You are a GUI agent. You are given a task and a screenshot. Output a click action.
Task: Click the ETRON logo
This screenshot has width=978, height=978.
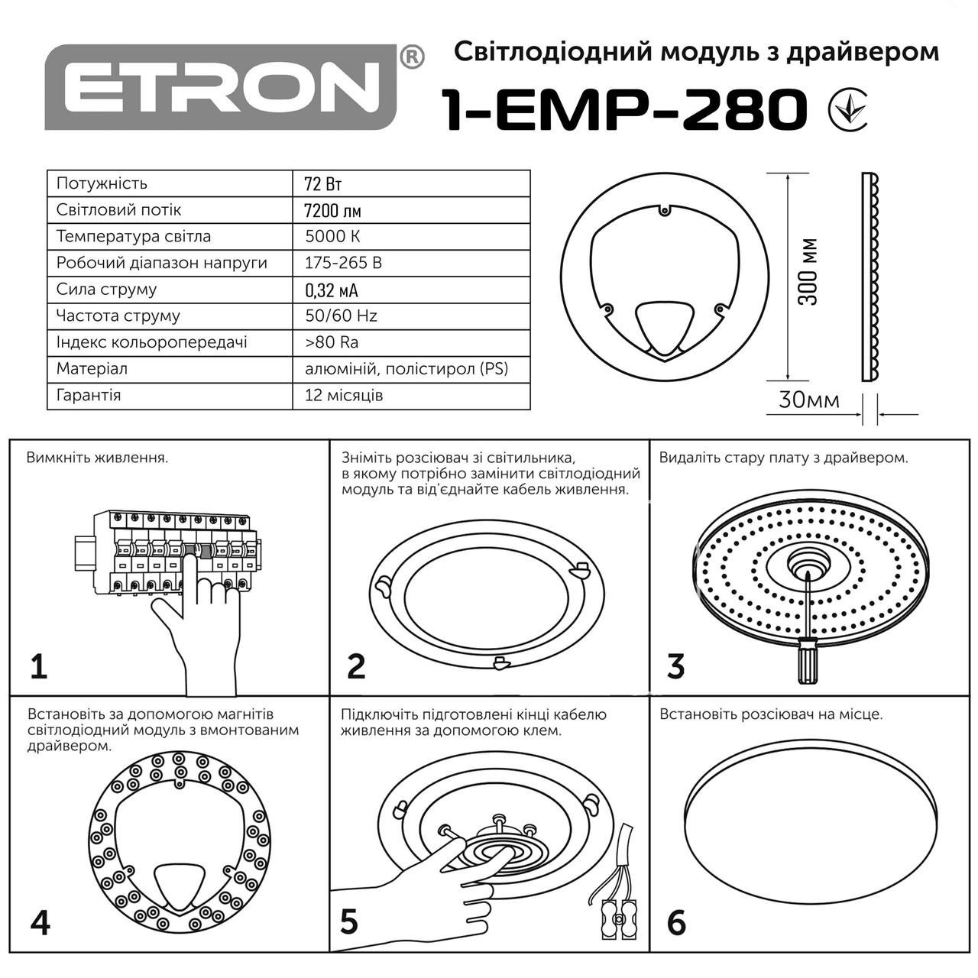221,86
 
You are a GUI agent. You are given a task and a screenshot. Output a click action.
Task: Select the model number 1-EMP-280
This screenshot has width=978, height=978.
623,110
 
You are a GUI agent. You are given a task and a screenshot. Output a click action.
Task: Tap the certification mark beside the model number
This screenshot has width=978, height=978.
848,110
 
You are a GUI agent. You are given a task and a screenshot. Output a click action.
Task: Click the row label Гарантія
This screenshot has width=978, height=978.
89,396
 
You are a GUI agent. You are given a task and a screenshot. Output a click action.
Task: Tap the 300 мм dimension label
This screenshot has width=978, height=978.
808,272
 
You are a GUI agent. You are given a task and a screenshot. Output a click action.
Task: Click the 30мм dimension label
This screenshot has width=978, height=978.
808,400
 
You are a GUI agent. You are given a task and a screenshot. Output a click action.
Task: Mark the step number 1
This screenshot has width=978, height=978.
39,666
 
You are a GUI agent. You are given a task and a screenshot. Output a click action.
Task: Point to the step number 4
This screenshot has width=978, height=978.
40,922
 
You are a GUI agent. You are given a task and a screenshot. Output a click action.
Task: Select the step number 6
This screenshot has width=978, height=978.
676,922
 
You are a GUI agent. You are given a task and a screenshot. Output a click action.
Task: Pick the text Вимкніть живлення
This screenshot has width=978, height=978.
97,458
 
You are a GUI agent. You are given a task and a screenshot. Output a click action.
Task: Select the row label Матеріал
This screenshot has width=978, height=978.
92,369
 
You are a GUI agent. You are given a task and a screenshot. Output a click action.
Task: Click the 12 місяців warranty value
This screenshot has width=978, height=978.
344,396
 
